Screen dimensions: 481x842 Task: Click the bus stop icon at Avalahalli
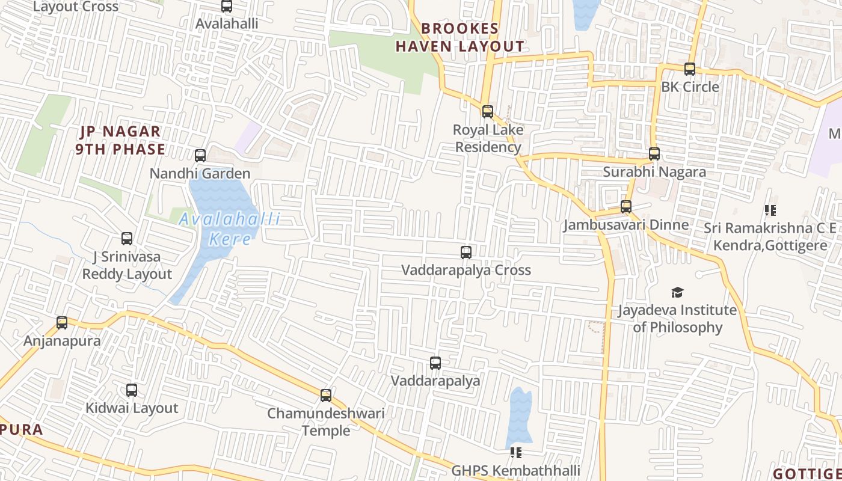(227, 6)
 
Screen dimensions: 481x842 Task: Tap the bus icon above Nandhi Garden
(200, 156)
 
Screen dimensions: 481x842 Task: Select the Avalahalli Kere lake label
(230, 228)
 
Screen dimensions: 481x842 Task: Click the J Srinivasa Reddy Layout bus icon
(127, 239)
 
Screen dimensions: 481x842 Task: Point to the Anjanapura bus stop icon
(62, 323)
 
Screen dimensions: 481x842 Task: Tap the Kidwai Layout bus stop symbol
(132, 390)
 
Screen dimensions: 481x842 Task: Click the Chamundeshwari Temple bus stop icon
(326, 395)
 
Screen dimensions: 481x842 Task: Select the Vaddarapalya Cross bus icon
(466, 253)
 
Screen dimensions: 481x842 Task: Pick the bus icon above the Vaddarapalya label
(435, 363)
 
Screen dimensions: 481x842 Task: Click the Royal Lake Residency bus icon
(488, 112)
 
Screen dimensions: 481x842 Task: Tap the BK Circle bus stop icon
(690, 69)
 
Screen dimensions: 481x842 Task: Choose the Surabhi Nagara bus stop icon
(654, 154)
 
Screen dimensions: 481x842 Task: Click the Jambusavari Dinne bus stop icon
(626, 207)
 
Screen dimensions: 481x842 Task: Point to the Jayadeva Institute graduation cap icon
(678, 293)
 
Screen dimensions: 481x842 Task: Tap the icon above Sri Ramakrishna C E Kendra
(770, 210)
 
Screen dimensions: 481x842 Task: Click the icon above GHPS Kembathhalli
(516, 452)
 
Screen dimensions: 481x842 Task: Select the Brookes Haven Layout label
(460, 37)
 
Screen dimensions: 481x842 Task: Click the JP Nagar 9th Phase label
(121, 140)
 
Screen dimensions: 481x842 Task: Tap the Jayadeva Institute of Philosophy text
(678, 319)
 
